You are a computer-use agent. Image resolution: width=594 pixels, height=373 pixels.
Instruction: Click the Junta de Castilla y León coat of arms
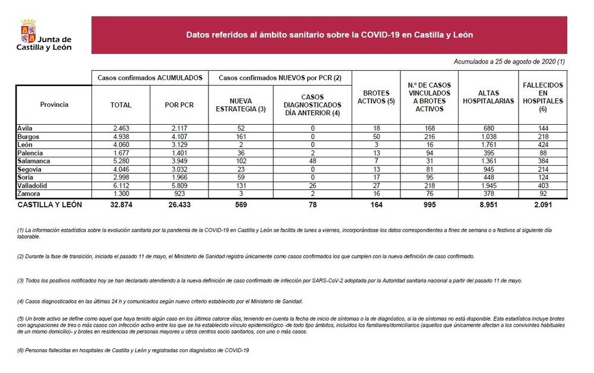coord(29,30)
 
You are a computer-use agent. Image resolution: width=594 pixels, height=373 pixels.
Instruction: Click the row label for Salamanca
coord(33,161)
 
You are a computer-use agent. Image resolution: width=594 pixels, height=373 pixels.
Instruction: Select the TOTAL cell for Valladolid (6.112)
coord(121,185)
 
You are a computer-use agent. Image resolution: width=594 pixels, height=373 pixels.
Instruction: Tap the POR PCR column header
coord(178,105)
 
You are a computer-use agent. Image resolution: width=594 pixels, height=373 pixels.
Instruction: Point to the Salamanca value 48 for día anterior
coord(312,161)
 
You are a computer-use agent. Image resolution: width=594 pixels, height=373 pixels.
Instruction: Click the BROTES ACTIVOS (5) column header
coord(375,97)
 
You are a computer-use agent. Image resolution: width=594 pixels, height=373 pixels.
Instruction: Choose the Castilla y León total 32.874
coord(121,205)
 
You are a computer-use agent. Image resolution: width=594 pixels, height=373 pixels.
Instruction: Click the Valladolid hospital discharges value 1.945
coord(488,185)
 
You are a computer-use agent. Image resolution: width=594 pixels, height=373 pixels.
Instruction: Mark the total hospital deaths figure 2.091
coord(542,205)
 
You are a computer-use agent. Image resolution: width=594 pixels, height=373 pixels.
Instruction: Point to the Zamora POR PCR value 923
coord(178,194)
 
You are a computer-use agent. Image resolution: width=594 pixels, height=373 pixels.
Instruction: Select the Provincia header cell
coord(54,105)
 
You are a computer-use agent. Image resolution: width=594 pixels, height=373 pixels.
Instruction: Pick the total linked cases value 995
coord(429,205)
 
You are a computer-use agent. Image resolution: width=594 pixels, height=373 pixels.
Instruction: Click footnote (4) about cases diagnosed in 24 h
coord(160,301)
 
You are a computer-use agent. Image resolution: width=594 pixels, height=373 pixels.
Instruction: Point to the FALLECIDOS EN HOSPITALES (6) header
coord(542,97)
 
